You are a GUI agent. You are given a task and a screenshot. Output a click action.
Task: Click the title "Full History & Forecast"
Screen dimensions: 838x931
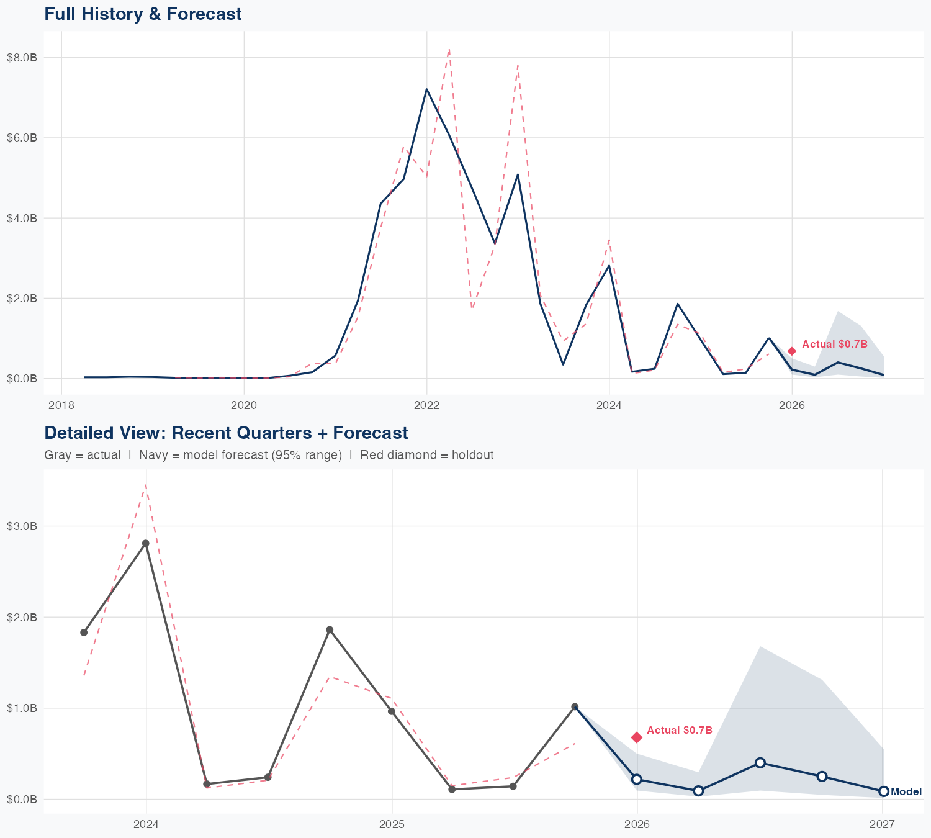pos(143,14)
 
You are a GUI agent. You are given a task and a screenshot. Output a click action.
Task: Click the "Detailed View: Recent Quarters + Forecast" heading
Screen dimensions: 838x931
pos(226,433)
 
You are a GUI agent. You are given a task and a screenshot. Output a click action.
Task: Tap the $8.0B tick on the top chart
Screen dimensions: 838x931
pos(22,58)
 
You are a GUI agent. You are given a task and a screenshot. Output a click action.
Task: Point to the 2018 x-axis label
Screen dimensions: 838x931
pos(61,405)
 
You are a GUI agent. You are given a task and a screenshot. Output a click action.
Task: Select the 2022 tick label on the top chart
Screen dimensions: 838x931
pos(426,405)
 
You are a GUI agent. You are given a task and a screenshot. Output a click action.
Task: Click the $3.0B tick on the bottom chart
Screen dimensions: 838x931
pos(22,526)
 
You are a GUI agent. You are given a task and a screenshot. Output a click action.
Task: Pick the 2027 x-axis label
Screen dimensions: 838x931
pos(882,824)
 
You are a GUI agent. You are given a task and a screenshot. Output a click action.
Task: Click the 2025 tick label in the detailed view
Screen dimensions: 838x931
pos(392,824)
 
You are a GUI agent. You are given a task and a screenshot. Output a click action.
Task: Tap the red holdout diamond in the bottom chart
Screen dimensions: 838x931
pos(637,737)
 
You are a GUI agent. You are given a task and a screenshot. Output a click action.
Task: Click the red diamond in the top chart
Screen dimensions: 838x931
pos(792,351)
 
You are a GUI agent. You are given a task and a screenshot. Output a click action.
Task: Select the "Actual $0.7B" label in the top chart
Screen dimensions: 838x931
pos(834,344)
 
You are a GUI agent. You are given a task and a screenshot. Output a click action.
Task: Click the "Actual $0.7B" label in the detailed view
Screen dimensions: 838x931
pos(679,730)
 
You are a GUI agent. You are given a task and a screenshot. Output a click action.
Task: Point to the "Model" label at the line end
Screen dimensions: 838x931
pos(906,791)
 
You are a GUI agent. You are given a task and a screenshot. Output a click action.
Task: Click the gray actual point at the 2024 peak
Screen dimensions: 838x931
pos(145,543)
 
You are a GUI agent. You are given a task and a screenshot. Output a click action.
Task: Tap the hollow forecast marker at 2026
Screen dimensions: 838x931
pos(637,779)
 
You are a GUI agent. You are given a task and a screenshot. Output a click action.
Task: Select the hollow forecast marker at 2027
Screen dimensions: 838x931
pos(883,791)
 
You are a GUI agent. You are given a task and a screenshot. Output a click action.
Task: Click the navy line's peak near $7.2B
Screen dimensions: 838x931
pos(426,89)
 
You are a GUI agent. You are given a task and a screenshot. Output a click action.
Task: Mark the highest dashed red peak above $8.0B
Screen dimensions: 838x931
pos(449,48)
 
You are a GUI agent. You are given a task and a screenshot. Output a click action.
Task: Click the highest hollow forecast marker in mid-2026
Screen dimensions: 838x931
pos(760,763)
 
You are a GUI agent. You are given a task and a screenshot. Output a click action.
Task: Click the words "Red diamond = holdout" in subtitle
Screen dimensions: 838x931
pos(426,455)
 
